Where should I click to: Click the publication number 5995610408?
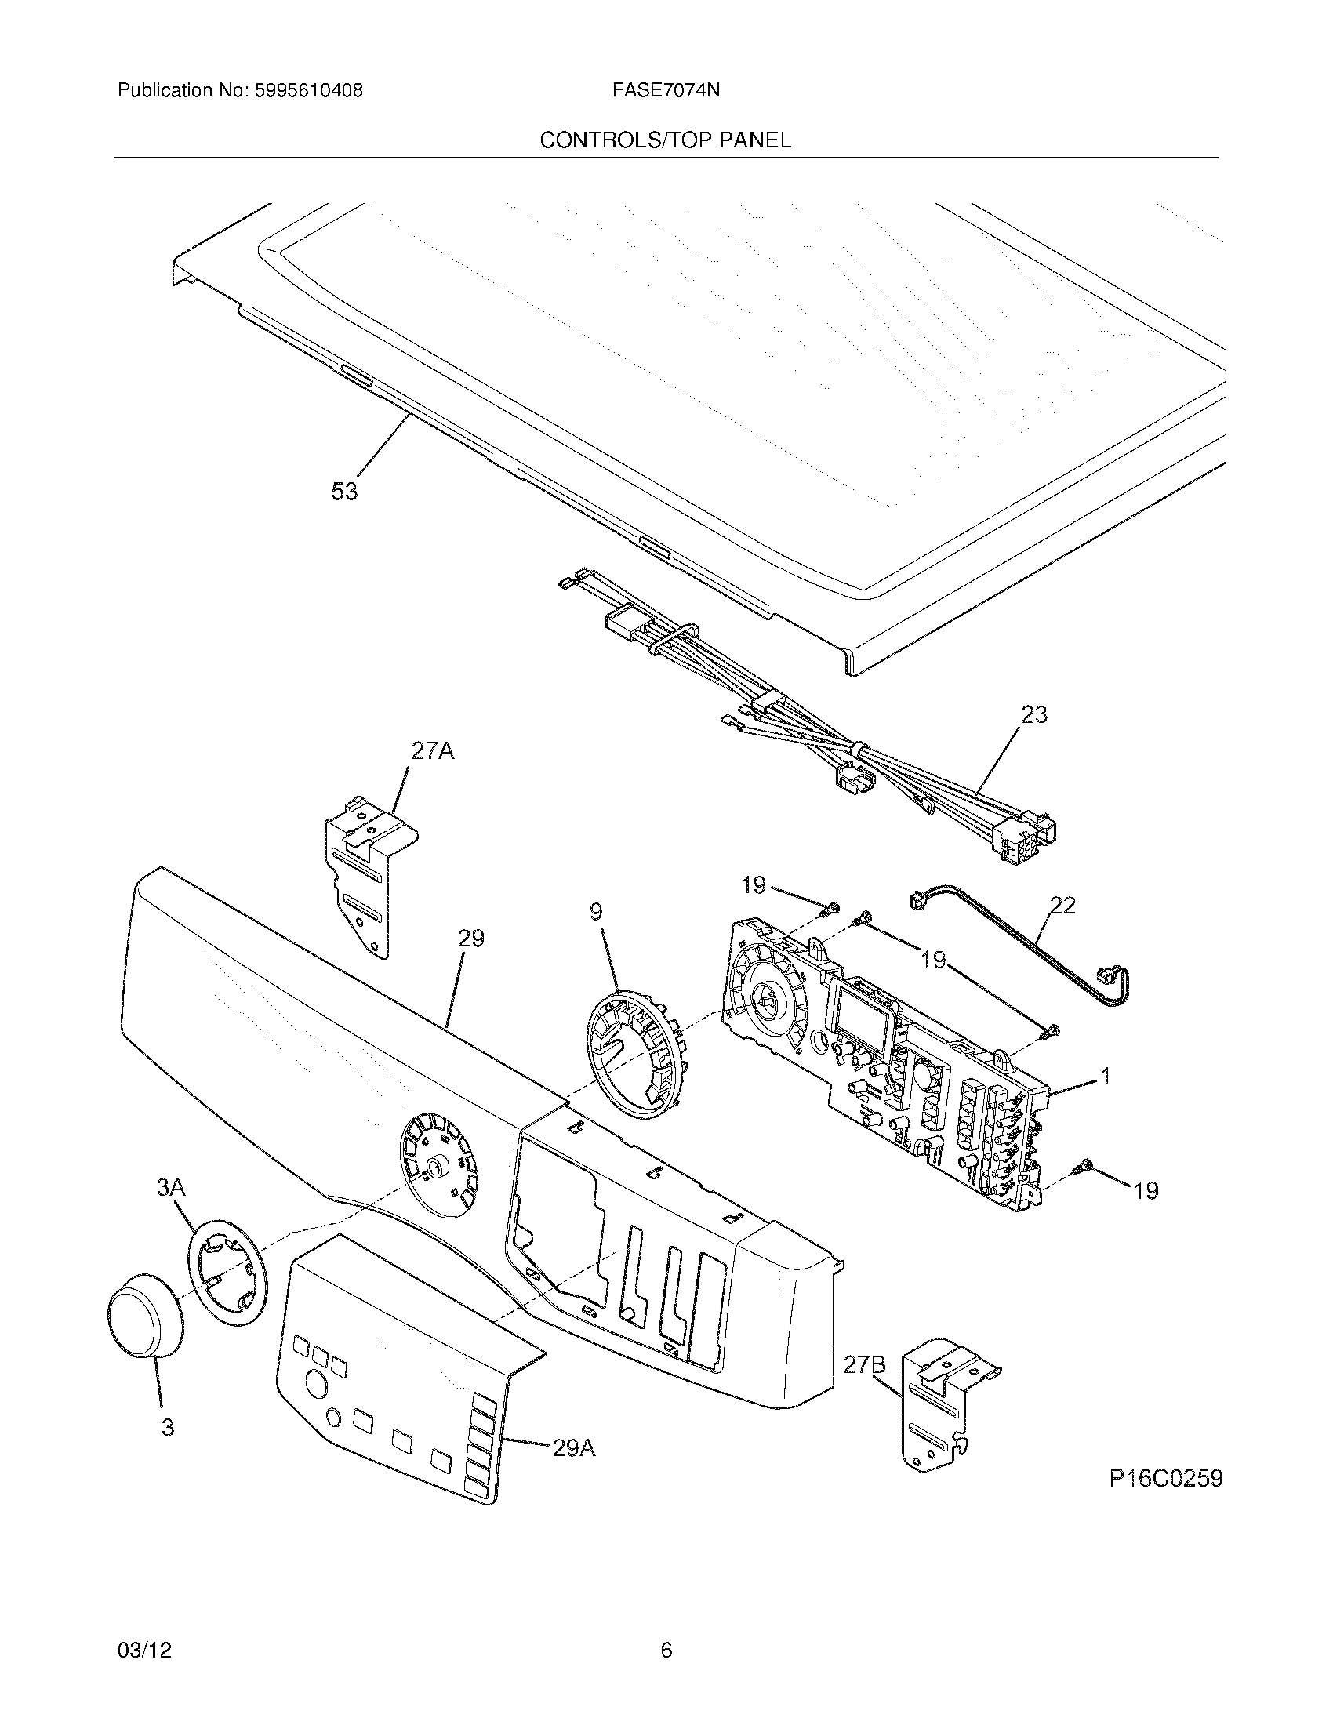[308, 91]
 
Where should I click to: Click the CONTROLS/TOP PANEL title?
[665, 140]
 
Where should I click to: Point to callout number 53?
[344, 492]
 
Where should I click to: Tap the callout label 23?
[1033, 715]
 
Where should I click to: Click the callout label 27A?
[432, 751]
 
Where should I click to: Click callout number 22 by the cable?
[1063, 905]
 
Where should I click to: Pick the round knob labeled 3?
[144, 1315]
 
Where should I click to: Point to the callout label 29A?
[573, 1448]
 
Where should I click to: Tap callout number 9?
[595, 912]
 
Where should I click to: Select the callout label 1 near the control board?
[1106, 1076]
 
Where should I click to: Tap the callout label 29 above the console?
[470, 939]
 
